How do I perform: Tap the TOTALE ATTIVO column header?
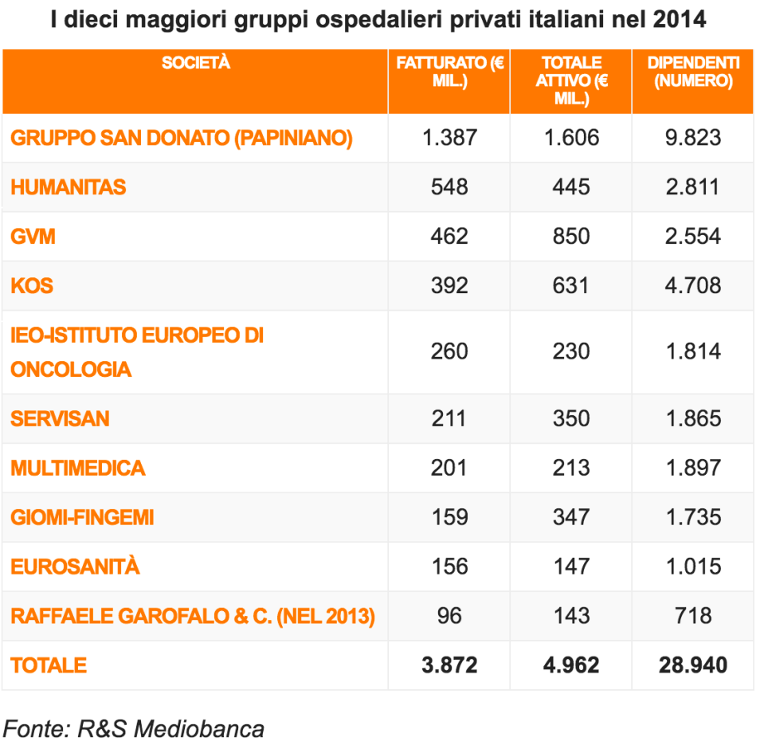570,80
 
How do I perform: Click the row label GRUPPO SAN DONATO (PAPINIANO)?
182,138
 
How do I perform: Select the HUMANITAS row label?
69,187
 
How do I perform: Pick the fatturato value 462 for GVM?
449,237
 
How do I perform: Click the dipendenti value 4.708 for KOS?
692,286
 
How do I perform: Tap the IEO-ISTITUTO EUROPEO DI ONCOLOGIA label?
137,352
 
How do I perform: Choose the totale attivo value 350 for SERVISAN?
570,418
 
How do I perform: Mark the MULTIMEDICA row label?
78,468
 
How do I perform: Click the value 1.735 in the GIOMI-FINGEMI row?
692,517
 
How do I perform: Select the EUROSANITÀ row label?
75,567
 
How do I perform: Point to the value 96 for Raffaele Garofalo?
449,616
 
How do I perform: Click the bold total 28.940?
692,665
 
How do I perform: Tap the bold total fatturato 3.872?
449,665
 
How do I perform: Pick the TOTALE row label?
49,665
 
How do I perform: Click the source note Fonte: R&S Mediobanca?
134,728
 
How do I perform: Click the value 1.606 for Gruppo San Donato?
570,138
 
